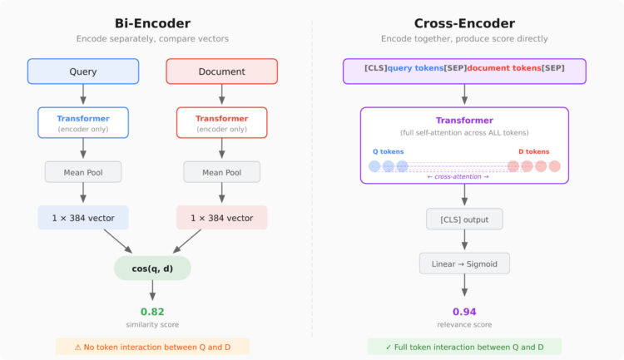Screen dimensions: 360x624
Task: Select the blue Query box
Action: point(83,72)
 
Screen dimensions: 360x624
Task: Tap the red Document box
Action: point(221,72)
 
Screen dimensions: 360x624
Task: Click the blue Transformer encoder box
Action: point(83,122)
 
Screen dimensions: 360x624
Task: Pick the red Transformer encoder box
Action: point(221,122)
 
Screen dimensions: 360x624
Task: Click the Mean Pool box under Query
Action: point(83,173)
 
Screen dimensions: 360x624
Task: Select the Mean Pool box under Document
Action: point(221,173)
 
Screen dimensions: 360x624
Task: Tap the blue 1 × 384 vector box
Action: point(83,218)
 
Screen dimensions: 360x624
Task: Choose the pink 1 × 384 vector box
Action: point(221,218)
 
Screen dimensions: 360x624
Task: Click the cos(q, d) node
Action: point(152,267)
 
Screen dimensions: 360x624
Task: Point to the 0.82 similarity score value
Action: point(152,312)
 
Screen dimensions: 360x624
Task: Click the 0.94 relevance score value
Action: point(464,312)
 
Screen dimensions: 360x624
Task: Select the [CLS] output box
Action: point(464,219)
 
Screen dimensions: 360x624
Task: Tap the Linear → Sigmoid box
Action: point(464,264)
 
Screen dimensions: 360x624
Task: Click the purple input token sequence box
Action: point(464,71)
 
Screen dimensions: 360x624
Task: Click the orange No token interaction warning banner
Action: point(152,347)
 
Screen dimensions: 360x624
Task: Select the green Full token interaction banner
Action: point(464,347)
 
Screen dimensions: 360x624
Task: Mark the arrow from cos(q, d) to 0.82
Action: point(152,290)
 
